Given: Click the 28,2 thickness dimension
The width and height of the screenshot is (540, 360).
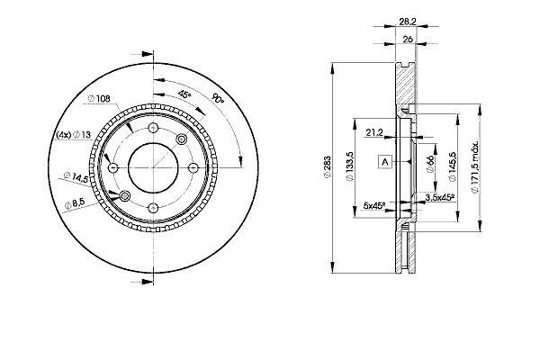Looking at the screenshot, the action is coord(408,22).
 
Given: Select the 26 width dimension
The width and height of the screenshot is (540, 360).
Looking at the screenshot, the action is coord(408,40).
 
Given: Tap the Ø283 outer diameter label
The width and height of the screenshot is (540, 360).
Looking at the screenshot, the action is coord(328,167).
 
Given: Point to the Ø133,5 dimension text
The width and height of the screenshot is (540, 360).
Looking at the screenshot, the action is coord(350,167).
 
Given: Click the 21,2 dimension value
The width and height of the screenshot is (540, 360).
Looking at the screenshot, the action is coord(374,132).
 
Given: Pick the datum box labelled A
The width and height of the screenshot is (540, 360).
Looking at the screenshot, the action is coord(385,161).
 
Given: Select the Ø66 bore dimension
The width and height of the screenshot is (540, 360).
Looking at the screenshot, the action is coord(429,164).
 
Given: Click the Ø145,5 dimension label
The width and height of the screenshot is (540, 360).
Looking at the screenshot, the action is coord(452,166).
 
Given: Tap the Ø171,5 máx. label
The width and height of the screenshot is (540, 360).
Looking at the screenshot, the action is coord(475,166).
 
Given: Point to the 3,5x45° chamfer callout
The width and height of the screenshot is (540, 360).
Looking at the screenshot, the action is coord(440,197).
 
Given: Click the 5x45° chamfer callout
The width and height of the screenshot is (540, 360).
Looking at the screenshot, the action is coord(374,206).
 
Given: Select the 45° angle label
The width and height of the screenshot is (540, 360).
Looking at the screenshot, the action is coord(184,94).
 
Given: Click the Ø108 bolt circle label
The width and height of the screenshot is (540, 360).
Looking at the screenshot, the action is coord(99,99).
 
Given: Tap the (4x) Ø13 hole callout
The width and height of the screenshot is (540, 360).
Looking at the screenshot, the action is coord(74,135).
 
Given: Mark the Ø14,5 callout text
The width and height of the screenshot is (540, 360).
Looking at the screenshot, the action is coord(76,176).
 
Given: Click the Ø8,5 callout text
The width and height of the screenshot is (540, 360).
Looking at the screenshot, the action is coord(75,203).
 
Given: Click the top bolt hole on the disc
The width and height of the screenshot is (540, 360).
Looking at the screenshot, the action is coord(153,128).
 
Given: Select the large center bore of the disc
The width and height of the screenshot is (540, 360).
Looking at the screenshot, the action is coord(153,167).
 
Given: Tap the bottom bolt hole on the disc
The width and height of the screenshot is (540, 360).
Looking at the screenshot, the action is coord(153,208).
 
